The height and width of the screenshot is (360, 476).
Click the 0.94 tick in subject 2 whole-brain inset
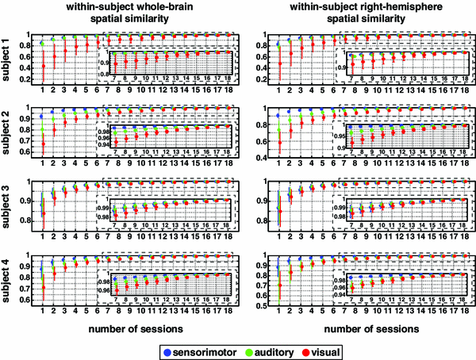103,145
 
